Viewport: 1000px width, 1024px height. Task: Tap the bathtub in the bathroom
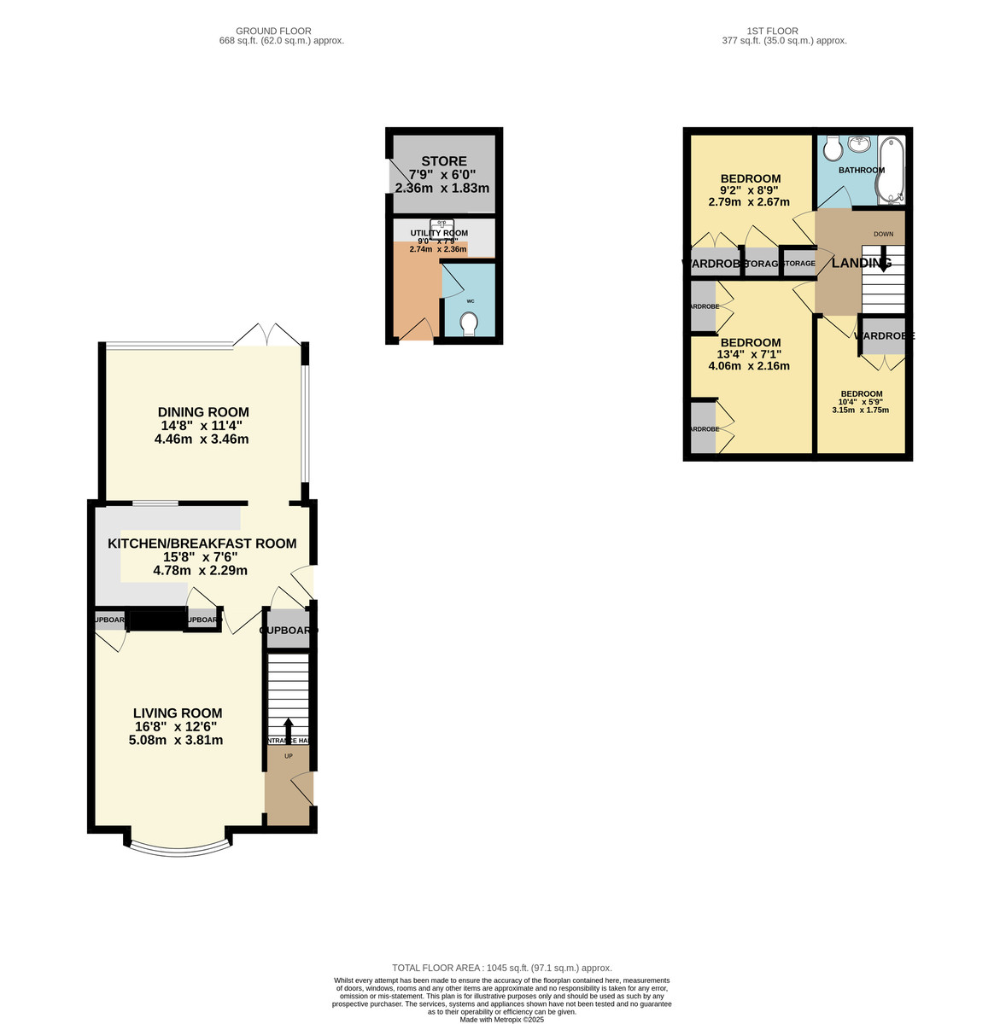click(892, 171)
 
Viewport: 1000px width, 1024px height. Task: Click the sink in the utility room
click(442, 228)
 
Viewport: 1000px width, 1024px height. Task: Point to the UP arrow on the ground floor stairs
click(288, 729)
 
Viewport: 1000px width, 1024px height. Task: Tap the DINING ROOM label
click(203, 412)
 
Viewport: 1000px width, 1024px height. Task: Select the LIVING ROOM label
click(178, 713)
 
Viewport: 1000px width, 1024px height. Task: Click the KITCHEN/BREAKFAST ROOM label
click(202, 544)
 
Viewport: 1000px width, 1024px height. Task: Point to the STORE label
click(444, 161)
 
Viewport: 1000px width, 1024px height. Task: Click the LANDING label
click(862, 263)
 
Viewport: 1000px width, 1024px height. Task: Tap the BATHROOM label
click(861, 171)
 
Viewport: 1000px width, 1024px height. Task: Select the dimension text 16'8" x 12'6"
click(176, 727)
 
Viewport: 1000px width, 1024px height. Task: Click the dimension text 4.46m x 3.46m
click(202, 439)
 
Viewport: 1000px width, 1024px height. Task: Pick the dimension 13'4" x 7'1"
click(749, 354)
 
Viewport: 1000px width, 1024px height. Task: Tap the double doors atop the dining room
click(267, 335)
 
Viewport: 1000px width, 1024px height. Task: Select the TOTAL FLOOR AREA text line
click(501, 968)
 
